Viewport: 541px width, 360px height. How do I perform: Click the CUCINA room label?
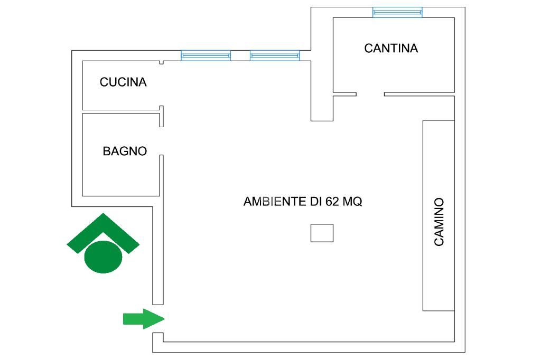[x=123, y=82]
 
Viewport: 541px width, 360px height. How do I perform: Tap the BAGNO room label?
[x=125, y=151]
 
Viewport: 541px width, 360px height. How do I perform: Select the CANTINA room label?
[x=391, y=49]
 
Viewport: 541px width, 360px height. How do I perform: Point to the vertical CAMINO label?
[x=439, y=222]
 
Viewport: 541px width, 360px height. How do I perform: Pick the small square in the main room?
[x=322, y=233]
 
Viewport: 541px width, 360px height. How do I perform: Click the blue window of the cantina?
[x=397, y=12]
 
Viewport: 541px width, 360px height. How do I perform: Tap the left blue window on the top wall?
[x=206, y=55]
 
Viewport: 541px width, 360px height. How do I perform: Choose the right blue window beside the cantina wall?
[x=275, y=55]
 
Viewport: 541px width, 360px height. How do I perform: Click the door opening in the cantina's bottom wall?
[x=370, y=94]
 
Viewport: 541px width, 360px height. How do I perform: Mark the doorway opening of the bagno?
[x=162, y=141]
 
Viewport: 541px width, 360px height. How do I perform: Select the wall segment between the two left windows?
[x=240, y=55]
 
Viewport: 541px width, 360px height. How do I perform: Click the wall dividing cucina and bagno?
[x=122, y=111]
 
